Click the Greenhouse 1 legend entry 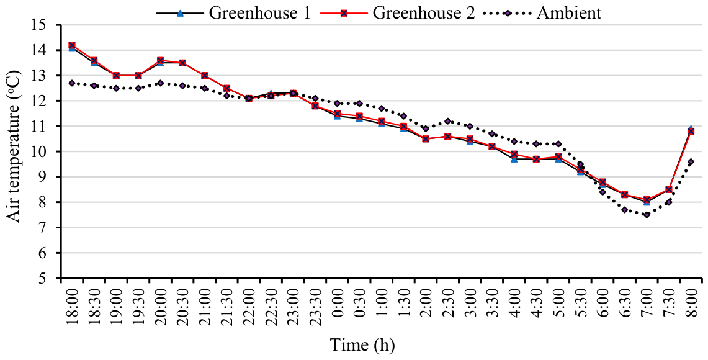coord(233,12)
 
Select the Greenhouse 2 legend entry coord(398,12)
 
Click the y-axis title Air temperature coord(15,146)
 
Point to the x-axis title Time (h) coord(362,346)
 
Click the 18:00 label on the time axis coord(72,305)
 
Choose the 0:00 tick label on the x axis coord(338,308)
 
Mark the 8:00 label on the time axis coord(691,308)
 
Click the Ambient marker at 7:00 coord(647,215)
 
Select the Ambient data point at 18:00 coord(72,83)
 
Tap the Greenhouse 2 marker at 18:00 coord(72,45)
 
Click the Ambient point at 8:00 coord(691,162)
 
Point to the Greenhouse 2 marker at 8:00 coord(691,132)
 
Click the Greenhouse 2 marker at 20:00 coord(160,60)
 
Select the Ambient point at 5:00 coord(558,144)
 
